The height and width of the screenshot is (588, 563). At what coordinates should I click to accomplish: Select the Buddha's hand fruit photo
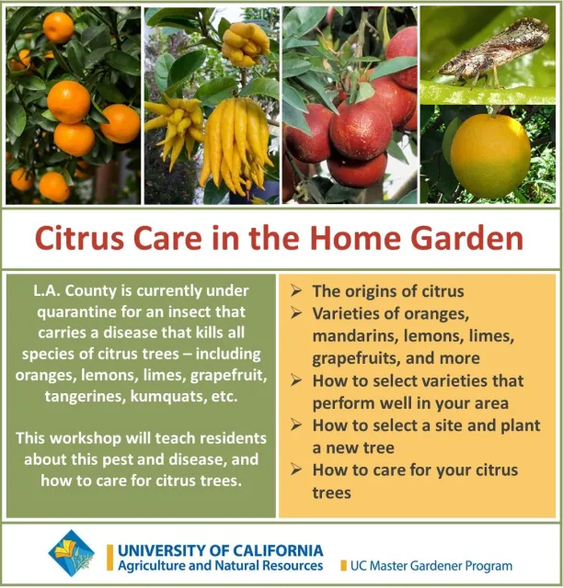[212, 106]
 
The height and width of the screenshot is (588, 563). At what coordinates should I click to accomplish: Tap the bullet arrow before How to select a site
[295, 424]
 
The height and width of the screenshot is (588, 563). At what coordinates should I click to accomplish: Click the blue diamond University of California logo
[71, 553]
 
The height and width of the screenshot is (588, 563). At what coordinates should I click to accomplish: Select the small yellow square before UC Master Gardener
[343, 566]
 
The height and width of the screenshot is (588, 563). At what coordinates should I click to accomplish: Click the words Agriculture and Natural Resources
[220, 566]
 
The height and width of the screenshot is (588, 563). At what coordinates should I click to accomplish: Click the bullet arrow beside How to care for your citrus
[295, 469]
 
